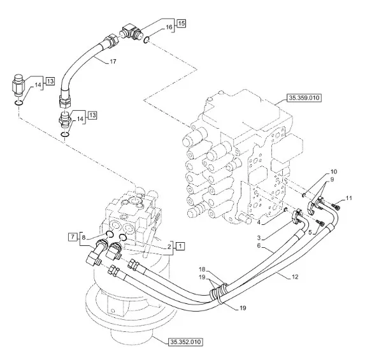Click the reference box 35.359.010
pyautogui.click(x=304, y=97)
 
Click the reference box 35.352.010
pyautogui.click(x=185, y=342)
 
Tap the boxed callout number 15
pyautogui.click(x=182, y=24)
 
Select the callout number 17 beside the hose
pyautogui.click(x=113, y=62)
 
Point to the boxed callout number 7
pyautogui.click(x=73, y=237)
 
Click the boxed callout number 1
pyautogui.click(x=181, y=246)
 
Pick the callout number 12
pyautogui.click(x=295, y=277)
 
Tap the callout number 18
pyautogui.click(x=202, y=270)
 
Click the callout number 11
pyautogui.click(x=348, y=198)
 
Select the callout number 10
pyautogui.click(x=334, y=171)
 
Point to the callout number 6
pyautogui.click(x=259, y=246)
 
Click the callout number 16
pyautogui.click(x=169, y=27)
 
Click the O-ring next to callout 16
pyautogui.click(x=146, y=40)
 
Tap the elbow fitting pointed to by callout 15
pyautogui.click(x=130, y=32)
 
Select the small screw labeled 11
pyautogui.click(x=334, y=206)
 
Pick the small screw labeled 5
pyautogui.click(x=320, y=224)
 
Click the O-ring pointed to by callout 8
pyautogui.click(x=110, y=234)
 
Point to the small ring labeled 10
pyautogui.click(x=304, y=195)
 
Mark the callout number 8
pyautogui.click(x=84, y=238)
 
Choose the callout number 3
pyautogui.click(x=259, y=238)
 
